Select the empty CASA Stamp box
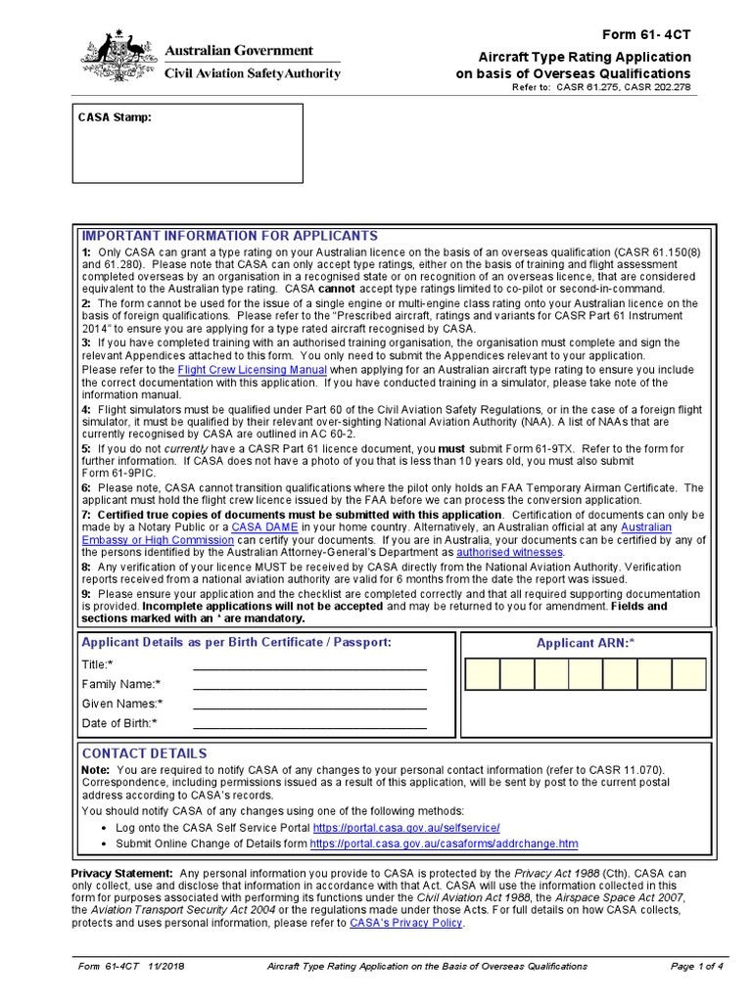tap(187, 143)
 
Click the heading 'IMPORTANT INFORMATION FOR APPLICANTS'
tap(229, 237)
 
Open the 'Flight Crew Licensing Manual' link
tap(253, 371)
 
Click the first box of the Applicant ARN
tap(483, 674)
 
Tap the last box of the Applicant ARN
tap(688, 674)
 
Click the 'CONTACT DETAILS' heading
tap(144, 753)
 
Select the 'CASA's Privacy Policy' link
tap(405, 923)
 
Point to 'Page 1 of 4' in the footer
tap(696, 967)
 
